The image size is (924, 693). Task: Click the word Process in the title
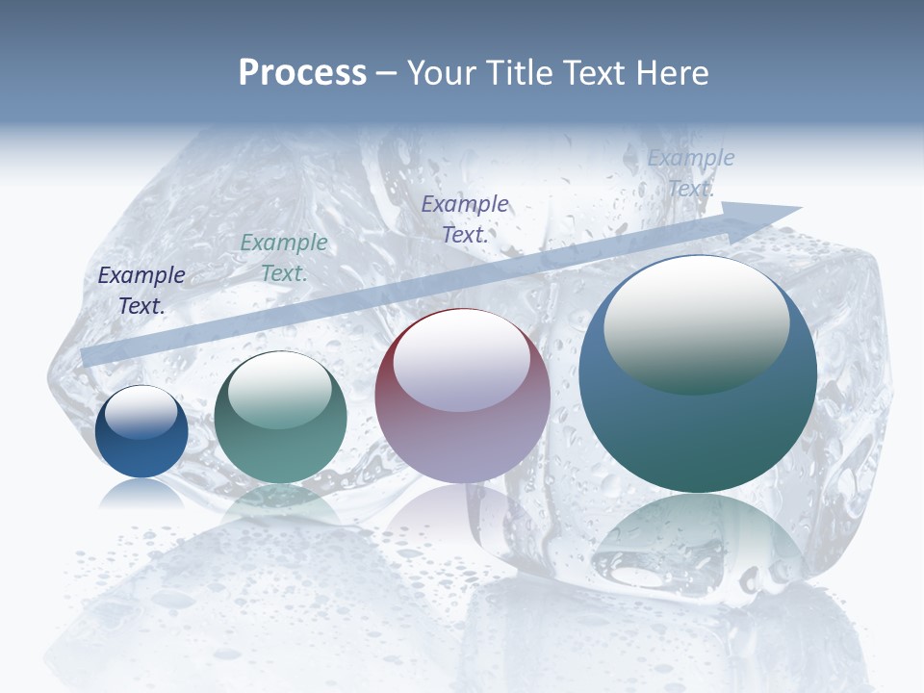(302, 72)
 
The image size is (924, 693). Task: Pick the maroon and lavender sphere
(462, 396)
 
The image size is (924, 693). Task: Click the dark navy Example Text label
(141, 290)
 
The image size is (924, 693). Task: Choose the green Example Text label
(284, 257)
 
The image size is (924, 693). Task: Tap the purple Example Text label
(465, 218)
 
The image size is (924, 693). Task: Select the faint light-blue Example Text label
(691, 172)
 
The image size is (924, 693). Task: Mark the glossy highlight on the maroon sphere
(461, 361)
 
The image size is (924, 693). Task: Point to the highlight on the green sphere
(279, 389)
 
